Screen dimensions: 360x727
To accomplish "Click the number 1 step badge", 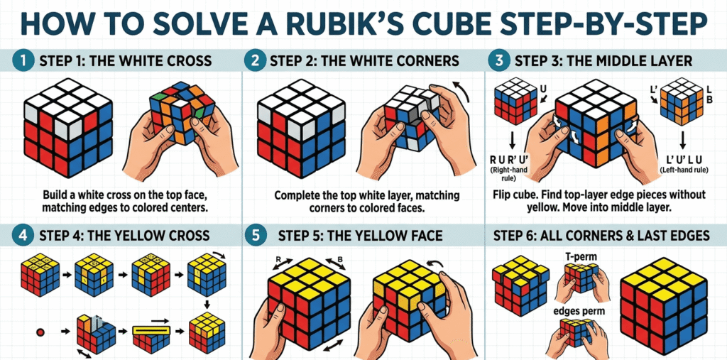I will click(23, 61).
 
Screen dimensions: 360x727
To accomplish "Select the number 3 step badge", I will click(498, 61).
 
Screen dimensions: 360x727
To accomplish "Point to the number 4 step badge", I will click(23, 235).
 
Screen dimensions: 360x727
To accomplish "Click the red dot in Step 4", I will click(42, 332).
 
